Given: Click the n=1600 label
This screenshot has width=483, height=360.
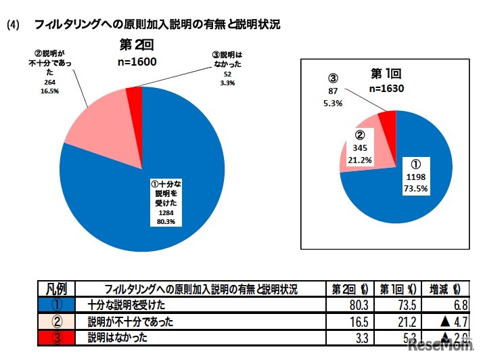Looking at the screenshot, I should (x=137, y=62).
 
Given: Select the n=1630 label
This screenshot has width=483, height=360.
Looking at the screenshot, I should (x=386, y=87).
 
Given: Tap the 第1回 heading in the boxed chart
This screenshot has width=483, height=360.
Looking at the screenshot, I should (x=386, y=73).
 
